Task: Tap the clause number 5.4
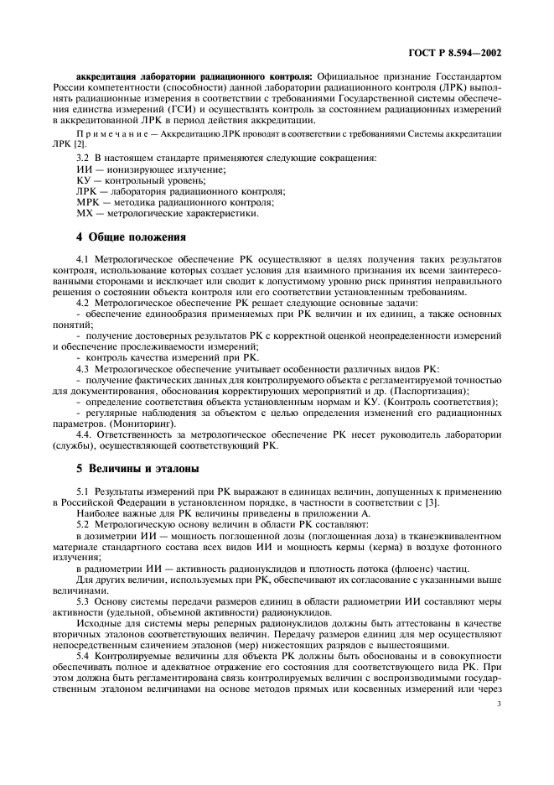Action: (85, 680)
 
